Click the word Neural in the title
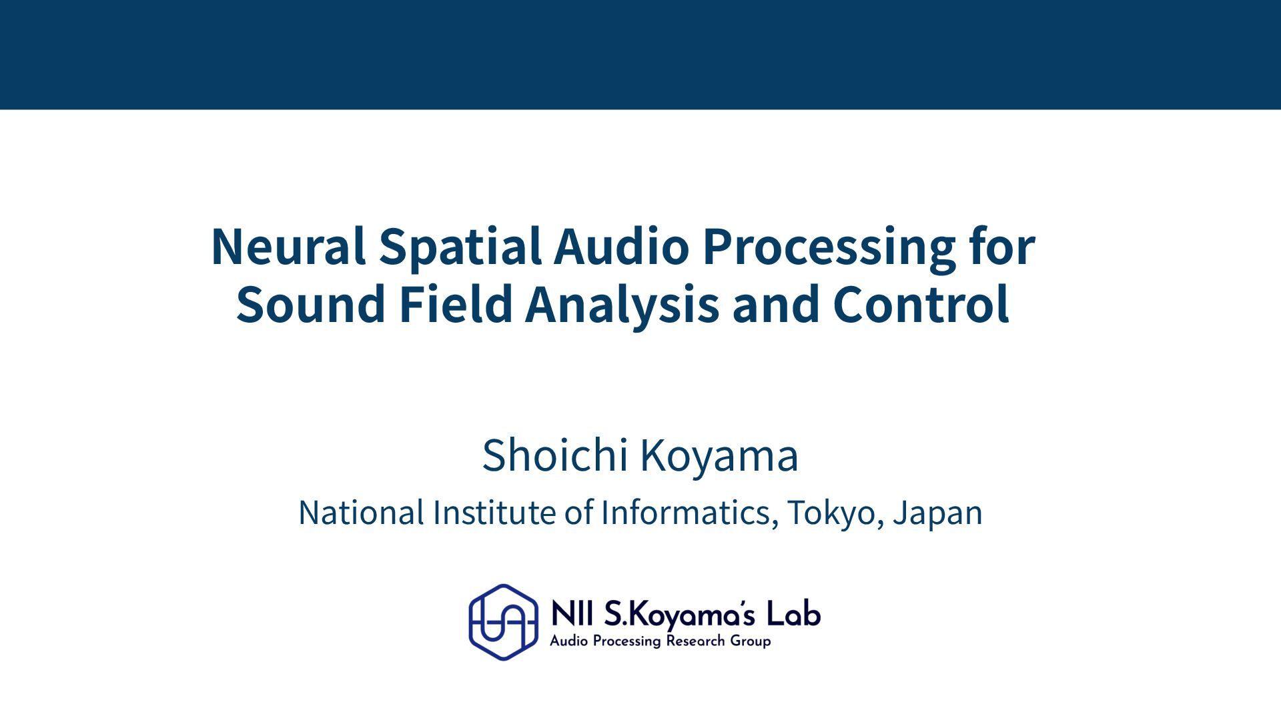click(288, 246)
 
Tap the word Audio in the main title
click(620, 246)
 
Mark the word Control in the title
click(921, 303)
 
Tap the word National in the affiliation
click(361, 513)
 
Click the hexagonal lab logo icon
click(503, 622)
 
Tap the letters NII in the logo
click(573, 614)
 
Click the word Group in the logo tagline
click(751, 642)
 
